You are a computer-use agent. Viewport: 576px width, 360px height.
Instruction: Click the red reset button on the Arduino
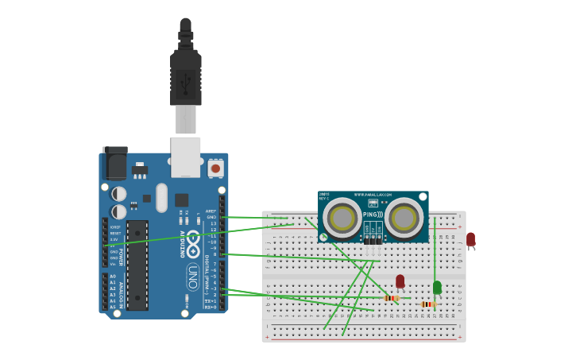(215, 168)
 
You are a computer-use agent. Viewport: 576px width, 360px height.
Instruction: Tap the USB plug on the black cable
(185, 79)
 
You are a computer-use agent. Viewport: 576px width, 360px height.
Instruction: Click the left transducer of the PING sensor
(343, 217)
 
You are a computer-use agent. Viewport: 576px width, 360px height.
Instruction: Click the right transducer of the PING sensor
(404, 217)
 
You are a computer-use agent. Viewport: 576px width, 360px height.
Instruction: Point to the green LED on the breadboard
(437, 287)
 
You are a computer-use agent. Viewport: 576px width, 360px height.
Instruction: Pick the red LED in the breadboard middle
(400, 281)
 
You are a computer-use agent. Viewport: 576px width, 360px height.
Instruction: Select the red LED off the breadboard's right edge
(470, 238)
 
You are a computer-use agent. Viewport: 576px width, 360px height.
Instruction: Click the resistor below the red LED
(390, 298)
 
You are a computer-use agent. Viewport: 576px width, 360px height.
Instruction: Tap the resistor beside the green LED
(428, 304)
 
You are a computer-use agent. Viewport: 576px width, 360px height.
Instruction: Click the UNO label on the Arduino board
(193, 277)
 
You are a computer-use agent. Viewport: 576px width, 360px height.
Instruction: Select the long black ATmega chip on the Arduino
(137, 265)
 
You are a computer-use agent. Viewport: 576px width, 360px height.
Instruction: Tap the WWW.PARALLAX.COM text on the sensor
(373, 195)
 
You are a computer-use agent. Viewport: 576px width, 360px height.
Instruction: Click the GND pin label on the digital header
(211, 217)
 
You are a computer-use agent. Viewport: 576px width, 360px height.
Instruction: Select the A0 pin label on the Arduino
(112, 277)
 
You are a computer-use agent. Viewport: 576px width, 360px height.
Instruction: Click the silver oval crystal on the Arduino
(162, 198)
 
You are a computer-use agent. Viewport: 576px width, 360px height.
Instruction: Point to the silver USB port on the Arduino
(186, 157)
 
